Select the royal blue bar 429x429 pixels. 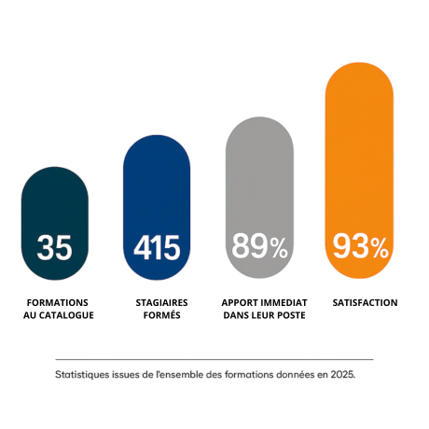point(157,187)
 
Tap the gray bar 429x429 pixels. point(258,168)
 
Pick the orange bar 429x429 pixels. point(359,140)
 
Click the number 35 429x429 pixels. point(55,248)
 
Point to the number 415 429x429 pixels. point(157,248)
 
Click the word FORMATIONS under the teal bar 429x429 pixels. point(58,303)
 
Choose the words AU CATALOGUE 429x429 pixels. point(58,316)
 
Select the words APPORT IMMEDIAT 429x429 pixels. point(263,303)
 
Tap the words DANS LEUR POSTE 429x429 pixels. point(263,316)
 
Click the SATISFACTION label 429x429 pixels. point(365,303)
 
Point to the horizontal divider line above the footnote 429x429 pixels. point(214,359)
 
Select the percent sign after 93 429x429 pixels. point(378,248)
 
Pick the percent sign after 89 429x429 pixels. point(277,248)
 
